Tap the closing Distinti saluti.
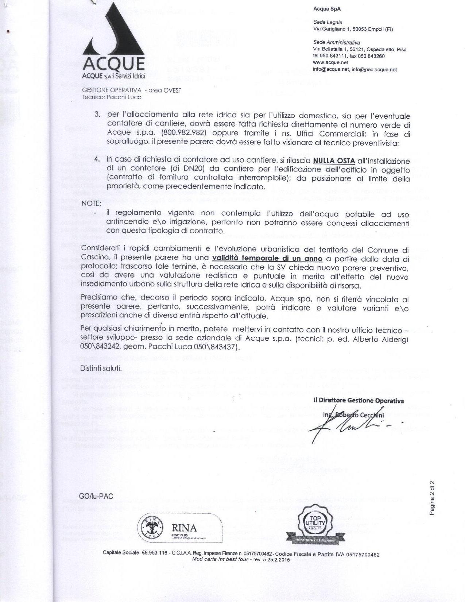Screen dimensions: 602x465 pyautogui.click(x=101, y=368)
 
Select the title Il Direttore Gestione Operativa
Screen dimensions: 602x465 pyautogui.click(x=359, y=401)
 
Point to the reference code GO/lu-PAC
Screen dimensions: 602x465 pyautogui.click(x=96, y=496)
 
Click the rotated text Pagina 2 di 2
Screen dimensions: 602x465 pyautogui.click(x=432, y=498)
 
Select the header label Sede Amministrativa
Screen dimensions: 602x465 pyautogui.click(x=336, y=43)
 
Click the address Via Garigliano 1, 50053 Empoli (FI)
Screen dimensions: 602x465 pyautogui.click(x=353, y=29)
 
